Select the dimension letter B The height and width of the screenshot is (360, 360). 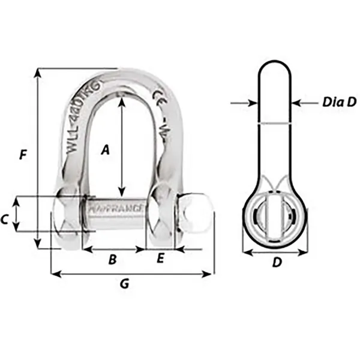click(112, 259)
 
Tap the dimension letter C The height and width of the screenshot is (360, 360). click(5, 220)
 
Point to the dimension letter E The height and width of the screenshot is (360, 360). click(160, 259)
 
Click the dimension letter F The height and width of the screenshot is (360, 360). click(23, 155)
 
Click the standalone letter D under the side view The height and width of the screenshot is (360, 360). click(277, 262)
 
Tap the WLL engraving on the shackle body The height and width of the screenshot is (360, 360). click(81, 132)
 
